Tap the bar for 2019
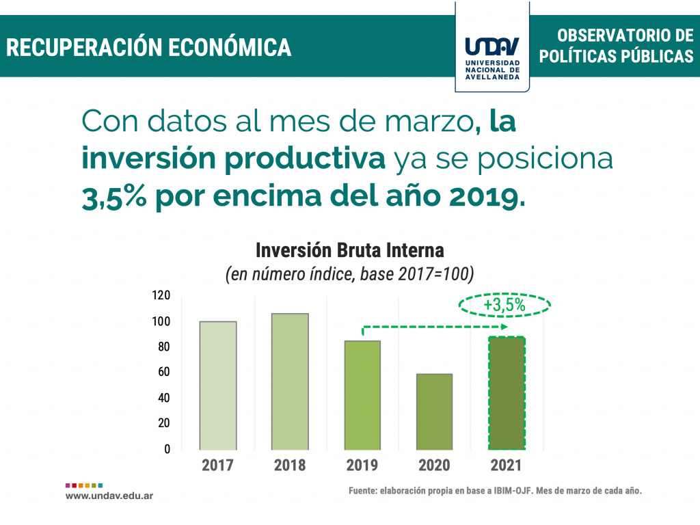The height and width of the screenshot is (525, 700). [362, 394]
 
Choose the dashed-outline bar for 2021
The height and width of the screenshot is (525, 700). [506, 392]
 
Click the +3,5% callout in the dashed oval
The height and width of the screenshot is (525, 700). [504, 305]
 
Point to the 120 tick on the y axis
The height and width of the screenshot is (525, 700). [161, 295]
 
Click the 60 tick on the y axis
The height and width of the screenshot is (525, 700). [163, 373]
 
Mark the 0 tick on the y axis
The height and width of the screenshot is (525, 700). [166, 449]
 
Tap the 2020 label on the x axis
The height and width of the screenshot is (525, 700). [434, 466]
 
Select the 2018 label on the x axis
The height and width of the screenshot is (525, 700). [290, 466]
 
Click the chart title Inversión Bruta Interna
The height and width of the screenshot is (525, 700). [349, 250]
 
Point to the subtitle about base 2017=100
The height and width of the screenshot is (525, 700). [349, 274]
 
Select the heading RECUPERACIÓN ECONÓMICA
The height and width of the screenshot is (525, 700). [149, 48]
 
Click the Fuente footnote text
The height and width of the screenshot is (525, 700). [495, 491]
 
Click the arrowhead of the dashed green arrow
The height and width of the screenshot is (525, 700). [504, 327]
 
